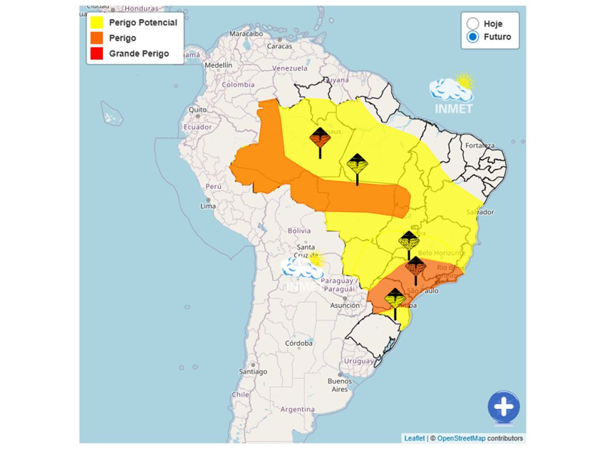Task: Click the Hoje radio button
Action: click(x=473, y=24)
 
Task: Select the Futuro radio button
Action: click(x=473, y=37)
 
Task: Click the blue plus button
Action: click(x=503, y=407)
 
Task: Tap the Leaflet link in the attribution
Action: click(x=414, y=438)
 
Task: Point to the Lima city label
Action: click(x=208, y=206)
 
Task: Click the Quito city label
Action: click(x=197, y=110)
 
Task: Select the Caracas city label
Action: click(x=279, y=46)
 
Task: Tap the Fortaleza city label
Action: click(x=480, y=146)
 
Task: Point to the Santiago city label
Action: click(x=253, y=371)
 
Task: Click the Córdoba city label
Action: click(x=298, y=343)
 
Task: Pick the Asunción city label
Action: click(x=345, y=306)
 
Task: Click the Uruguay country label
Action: click(x=359, y=361)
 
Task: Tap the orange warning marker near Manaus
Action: click(x=320, y=140)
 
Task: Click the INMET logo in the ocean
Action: click(x=453, y=95)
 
